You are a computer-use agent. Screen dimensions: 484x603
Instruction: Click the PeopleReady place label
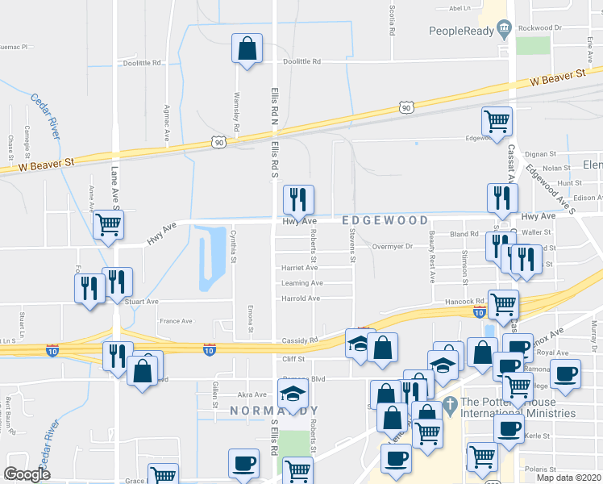click(461, 31)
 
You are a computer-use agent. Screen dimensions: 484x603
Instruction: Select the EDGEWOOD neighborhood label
click(384, 219)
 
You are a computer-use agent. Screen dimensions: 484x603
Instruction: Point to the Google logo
click(27, 474)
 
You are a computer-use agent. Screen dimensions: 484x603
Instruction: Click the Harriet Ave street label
click(299, 268)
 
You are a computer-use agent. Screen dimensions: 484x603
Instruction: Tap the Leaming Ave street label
click(301, 283)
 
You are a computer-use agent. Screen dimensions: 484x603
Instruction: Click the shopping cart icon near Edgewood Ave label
click(497, 121)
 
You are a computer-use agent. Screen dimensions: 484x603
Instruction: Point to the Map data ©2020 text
click(568, 478)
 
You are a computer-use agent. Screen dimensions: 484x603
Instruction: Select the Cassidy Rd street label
click(301, 340)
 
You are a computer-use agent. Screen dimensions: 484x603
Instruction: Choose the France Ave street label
click(176, 321)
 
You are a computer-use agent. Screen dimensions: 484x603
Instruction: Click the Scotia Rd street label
click(392, 19)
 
